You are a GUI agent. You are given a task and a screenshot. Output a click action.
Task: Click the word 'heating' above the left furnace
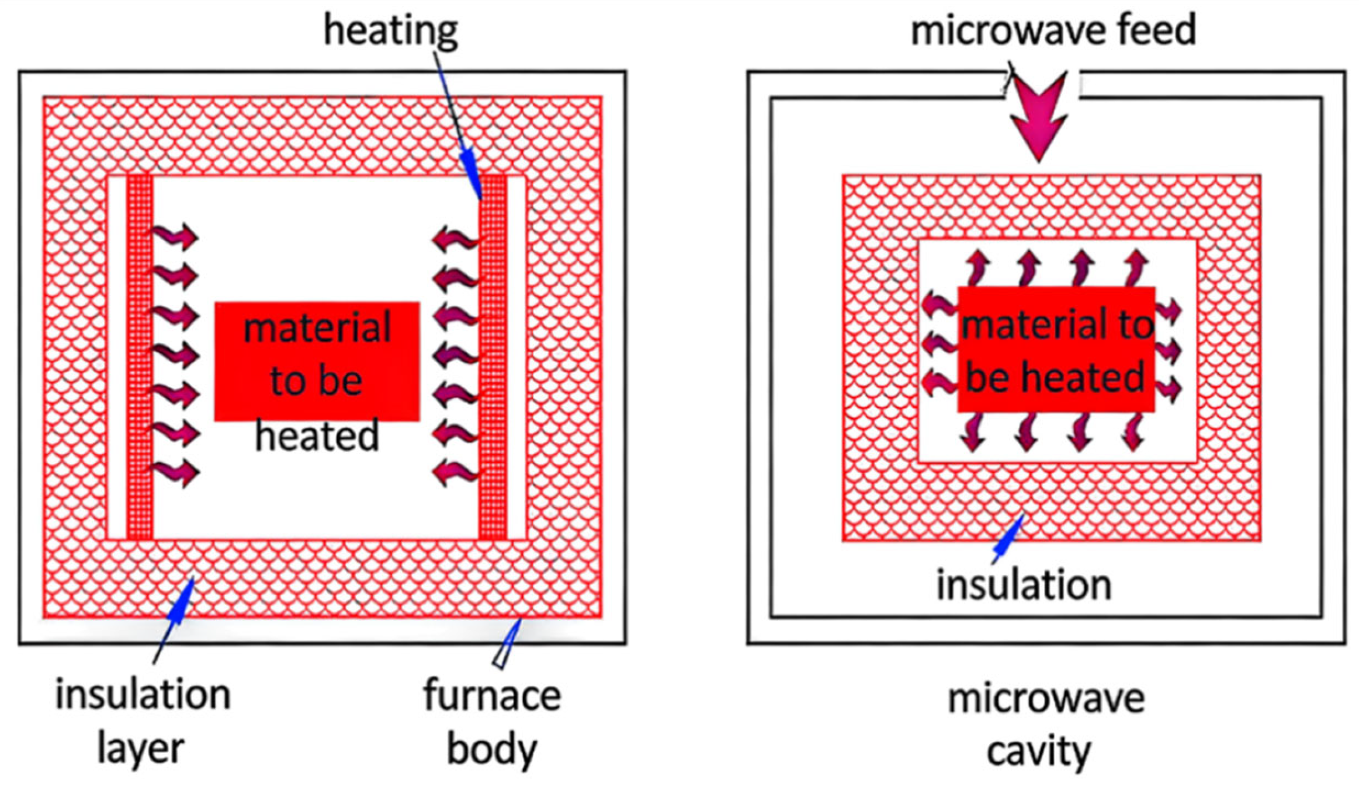(x=391, y=32)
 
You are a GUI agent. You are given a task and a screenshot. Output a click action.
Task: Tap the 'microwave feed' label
(x=1053, y=30)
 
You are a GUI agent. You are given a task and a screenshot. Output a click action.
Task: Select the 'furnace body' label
(x=492, y=722)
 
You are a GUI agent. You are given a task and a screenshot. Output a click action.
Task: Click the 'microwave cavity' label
(x=1045, y=724)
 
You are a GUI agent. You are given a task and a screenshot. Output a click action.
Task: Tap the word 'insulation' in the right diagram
(x=1024, y=585)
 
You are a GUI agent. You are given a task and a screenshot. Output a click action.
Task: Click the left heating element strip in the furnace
(x=140, y=357)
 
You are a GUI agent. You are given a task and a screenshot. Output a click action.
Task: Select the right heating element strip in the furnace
(x=493, y=357)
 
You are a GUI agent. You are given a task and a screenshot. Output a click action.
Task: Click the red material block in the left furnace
(x=317, y=361)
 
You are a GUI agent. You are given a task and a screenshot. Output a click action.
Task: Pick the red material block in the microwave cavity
(x=1056, y=349)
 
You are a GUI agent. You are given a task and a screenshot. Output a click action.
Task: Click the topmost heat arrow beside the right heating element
(x=456, y=239)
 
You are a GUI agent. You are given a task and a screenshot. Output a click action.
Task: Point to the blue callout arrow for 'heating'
(x=459, y=126)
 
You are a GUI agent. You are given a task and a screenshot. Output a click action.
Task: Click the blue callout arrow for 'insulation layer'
(x=174, y=620)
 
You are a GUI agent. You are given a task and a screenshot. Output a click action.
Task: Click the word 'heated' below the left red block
(x=317, y=435)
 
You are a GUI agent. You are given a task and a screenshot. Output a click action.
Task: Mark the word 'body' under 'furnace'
(x=492, y=748)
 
